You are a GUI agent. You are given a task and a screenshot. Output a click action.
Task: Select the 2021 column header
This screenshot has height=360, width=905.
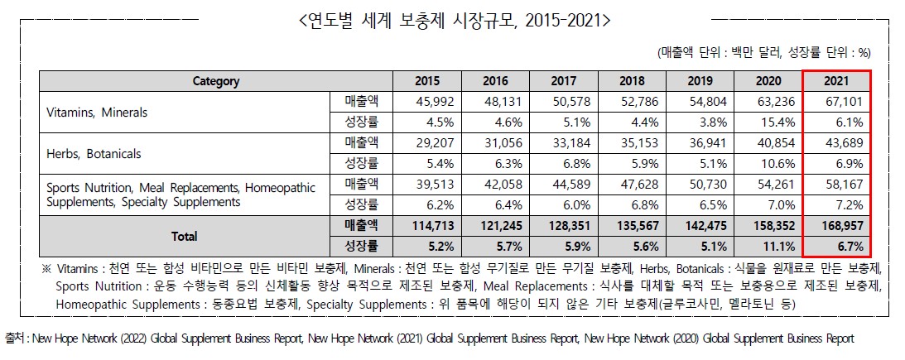click(x=837, y=81)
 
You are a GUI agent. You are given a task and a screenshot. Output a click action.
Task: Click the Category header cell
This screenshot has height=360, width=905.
click(x=216, y=81)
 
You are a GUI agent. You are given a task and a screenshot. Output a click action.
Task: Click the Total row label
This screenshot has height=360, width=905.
click(x=184, y=236)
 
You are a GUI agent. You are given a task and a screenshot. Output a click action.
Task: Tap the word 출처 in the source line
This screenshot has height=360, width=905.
click(x=14, y=339)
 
